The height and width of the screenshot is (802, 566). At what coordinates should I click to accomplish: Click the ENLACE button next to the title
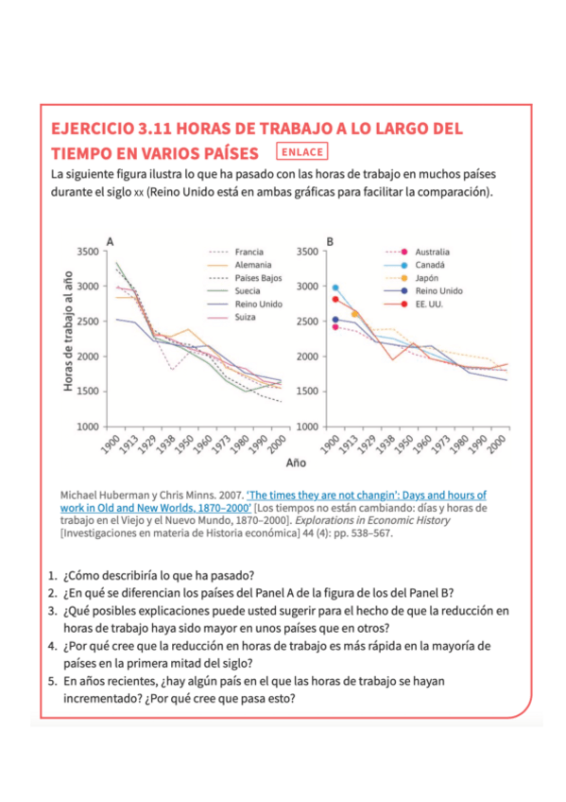click(x=302, y=152)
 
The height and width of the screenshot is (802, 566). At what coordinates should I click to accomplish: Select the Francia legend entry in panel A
click(x=236, y=252)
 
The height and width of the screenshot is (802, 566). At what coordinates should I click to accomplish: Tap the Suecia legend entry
click(x=234, y=290)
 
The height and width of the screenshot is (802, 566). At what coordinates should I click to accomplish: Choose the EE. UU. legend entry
click(x=414, y=304)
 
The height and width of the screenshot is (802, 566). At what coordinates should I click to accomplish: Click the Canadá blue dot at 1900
click(x=335, y=288)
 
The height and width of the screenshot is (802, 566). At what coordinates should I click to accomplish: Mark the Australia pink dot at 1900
click(x=335, y=327)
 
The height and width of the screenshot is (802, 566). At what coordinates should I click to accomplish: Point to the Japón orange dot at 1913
click(x=354, y=314)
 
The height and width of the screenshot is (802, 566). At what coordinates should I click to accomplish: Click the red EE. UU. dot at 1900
click(x=335, y=299)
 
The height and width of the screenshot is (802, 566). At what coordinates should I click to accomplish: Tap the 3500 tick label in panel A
click(x=88, y=252)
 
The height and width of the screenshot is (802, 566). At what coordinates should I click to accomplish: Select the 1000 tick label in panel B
click(x=307, y=427)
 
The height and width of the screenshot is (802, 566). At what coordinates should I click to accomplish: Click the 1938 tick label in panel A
click(x=165, y=444)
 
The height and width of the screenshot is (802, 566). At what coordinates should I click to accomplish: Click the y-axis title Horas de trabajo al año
click(x=67, y=331)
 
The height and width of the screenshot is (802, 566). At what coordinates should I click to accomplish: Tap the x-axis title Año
click(x=296, y=462)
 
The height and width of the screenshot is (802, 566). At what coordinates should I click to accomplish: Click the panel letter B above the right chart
click(x=330, y=241)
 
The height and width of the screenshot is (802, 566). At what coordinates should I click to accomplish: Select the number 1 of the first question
click(x=52, y=575)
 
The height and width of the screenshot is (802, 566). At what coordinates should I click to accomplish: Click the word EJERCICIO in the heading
click(x=93, y=128)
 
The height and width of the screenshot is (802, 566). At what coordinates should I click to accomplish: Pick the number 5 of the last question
click(x=52, y=681)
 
